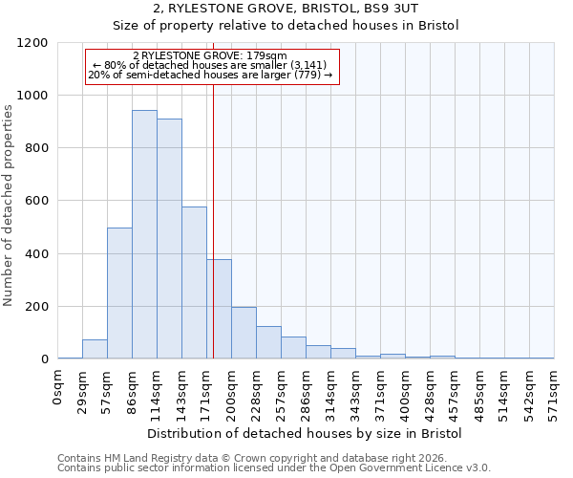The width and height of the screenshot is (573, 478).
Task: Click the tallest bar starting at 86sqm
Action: pyautogui.click(x=144, y=234)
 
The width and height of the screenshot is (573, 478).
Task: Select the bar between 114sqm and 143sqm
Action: pyautogui.click(x=169, y=239)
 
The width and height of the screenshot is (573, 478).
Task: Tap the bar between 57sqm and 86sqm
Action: pyautogui.click(x=119, y=293)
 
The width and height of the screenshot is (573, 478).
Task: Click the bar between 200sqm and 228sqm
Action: pyautogui.click(x=244, y=333)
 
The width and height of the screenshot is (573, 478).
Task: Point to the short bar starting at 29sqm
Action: pyautogui.click(x=95, y=349)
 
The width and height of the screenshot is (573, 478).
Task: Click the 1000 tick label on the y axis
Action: pyautogui.click(x=32, y=96)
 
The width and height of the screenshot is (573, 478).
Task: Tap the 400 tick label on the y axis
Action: pyautogui.click(x=36, y=254)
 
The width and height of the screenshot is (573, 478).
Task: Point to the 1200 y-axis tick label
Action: pyautogui.click(x=32, y=43)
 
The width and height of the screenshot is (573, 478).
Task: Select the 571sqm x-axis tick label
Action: pyautogui.click(x=554, y=392)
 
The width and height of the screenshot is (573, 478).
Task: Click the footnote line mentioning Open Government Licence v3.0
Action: pyautogui.click(x=274, y=468)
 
